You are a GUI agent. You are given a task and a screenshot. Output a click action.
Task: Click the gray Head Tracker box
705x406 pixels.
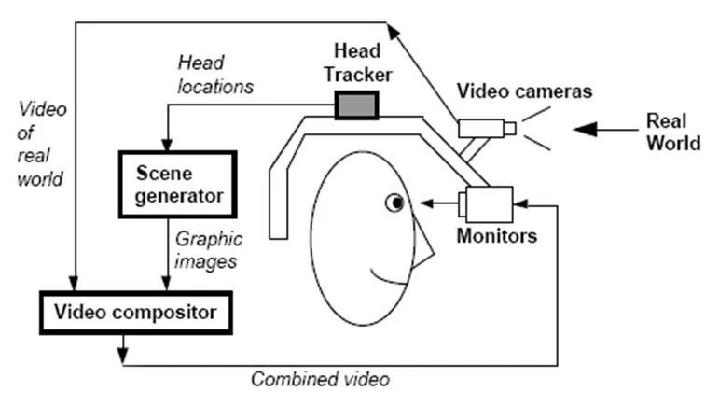click(x=355, y=105)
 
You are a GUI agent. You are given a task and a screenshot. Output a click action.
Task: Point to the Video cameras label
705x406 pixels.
click(x=524, y=91)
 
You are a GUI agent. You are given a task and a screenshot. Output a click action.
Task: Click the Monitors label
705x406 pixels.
click(x=496, y=236)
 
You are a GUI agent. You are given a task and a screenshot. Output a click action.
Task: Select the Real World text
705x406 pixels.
click(x=672, y=132)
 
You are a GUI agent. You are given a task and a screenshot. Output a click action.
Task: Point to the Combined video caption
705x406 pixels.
click(x=320, y=379)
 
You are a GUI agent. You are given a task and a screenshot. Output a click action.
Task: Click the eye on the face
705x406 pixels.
click(x=395, y=201)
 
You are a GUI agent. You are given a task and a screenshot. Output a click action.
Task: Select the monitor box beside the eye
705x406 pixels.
click(x=484, y=202)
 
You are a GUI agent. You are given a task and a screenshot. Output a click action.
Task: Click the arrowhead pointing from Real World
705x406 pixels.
click(x=581, y=130)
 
